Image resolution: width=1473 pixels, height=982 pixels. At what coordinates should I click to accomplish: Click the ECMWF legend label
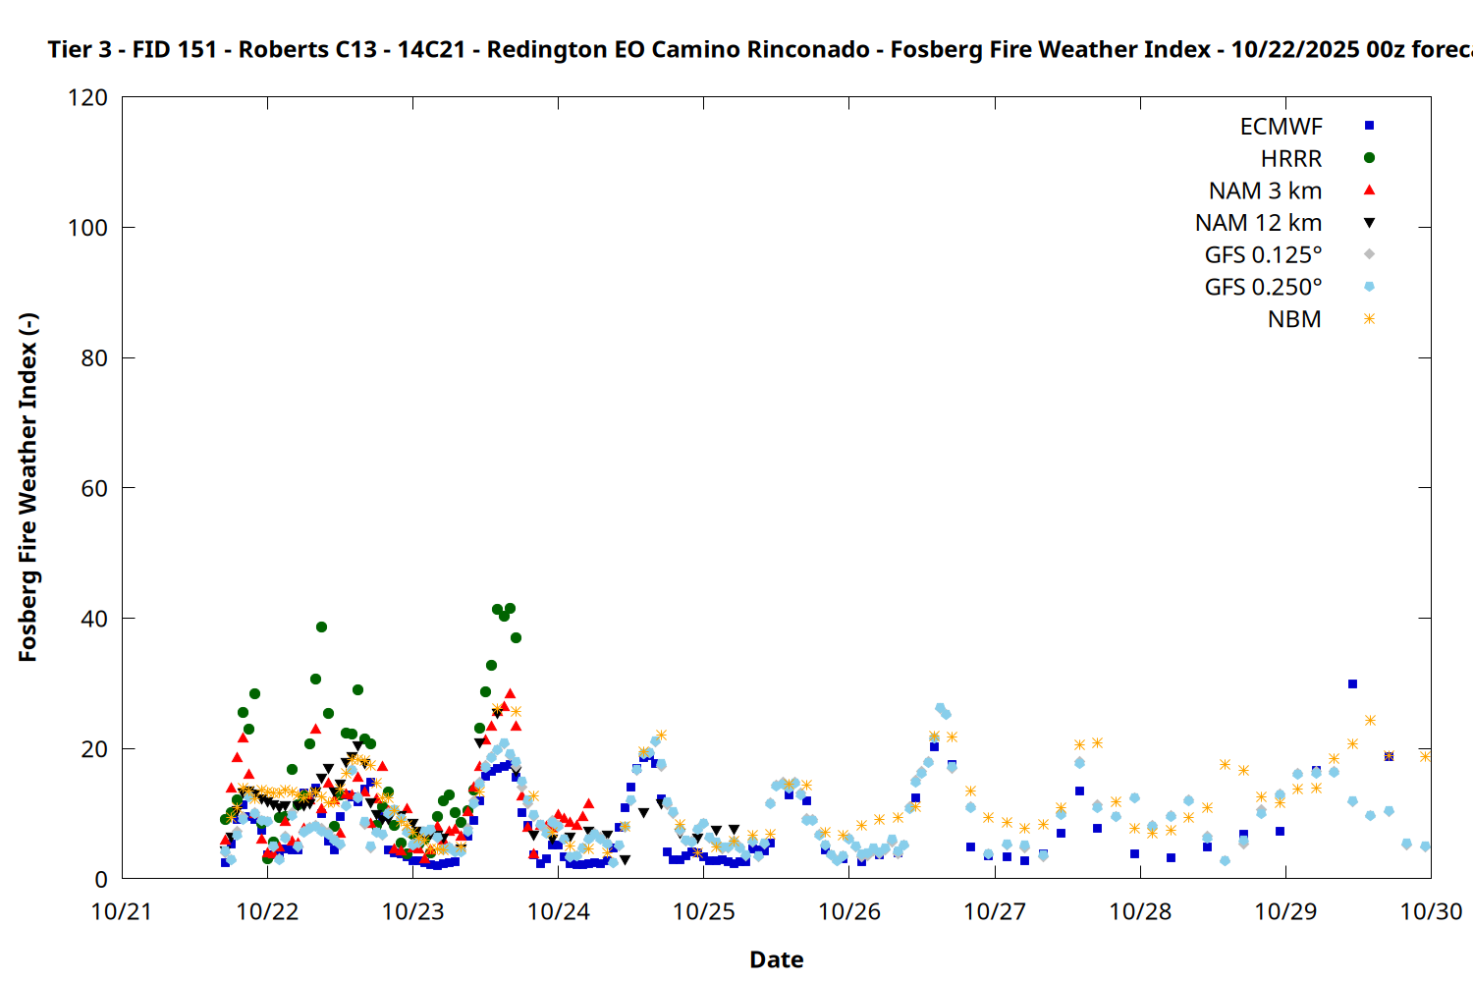1281,127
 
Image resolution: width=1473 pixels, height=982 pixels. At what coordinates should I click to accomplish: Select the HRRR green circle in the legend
1369,158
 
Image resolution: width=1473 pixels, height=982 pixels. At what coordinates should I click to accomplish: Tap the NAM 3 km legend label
1265,191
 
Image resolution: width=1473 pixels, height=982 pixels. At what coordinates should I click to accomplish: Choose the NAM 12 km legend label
1258,223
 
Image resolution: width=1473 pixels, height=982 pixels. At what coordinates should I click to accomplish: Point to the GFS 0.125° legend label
1263,255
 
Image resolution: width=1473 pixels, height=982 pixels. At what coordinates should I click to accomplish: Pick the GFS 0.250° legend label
1263,287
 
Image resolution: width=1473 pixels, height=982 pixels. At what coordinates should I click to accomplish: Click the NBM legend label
1294,319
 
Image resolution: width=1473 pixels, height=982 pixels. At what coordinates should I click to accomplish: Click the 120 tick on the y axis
88,98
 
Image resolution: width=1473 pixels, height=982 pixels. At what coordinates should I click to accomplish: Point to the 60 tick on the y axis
94,488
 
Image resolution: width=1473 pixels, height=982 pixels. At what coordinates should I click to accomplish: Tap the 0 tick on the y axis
101,879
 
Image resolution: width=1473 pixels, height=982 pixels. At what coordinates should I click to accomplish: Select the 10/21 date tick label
122,911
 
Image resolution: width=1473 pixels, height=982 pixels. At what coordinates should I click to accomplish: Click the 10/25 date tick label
703,911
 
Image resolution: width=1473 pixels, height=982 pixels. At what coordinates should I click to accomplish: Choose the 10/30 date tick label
1430,911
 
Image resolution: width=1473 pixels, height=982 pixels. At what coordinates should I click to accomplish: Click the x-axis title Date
776,959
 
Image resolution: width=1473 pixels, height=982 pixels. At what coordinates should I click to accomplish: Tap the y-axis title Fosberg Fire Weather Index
27,487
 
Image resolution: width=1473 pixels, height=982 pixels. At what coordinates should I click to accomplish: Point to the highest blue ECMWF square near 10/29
1352,683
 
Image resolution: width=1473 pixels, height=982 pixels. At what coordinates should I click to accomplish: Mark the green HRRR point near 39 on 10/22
321,627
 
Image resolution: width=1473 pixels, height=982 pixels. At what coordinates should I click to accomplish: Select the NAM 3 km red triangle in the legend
1369,191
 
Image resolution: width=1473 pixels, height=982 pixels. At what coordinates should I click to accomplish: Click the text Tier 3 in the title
79,49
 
